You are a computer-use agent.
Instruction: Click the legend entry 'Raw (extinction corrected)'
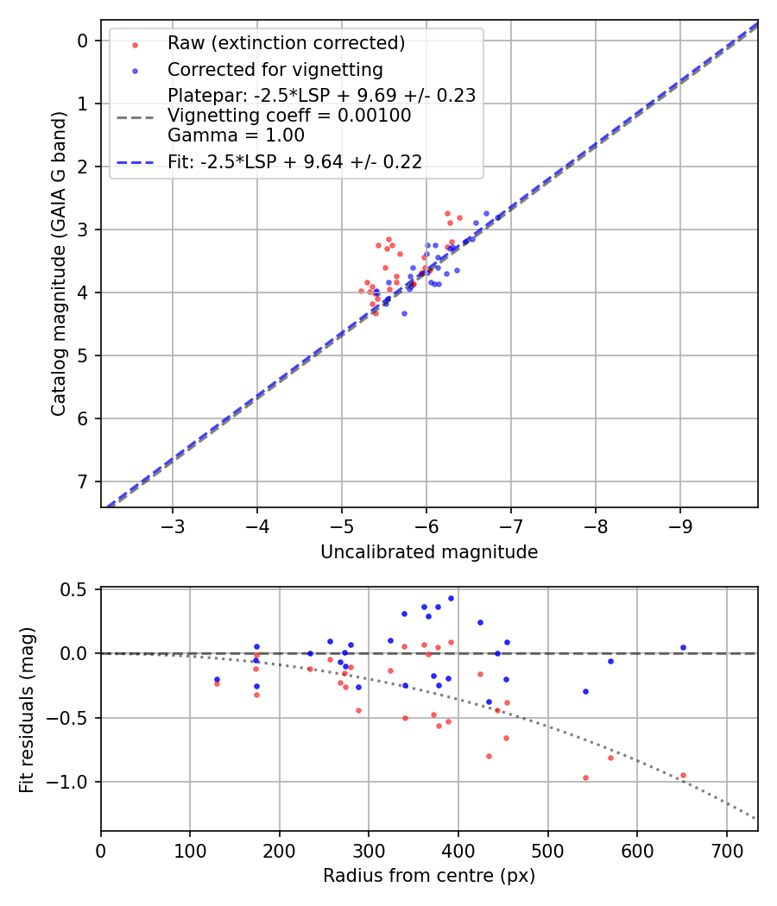tap(286, 43)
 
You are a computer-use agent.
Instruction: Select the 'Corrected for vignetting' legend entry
tap(275, 69)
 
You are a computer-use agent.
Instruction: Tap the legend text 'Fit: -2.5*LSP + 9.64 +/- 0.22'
tap(294, 162)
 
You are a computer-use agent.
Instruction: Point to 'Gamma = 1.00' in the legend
tap(236, 135)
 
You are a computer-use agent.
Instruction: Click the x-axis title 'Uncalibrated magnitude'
tap(429, 552)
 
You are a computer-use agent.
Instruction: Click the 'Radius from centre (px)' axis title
tap(429, 876)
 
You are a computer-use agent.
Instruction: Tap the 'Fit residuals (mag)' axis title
tap(28, 709)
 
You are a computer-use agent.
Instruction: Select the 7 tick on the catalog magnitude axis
tap(83, 481)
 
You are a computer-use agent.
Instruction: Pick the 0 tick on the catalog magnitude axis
tap(83, 41)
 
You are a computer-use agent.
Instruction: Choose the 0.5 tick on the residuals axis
tap(78, 589)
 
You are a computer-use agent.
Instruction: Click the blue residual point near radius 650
tap(683, 647)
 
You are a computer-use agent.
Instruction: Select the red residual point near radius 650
tap(683, 775)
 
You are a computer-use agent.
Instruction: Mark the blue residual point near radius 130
tap(217, 679)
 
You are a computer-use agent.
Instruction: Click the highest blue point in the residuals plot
tap(451, 598)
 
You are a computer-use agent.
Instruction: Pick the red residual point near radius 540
tap(585, 777)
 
